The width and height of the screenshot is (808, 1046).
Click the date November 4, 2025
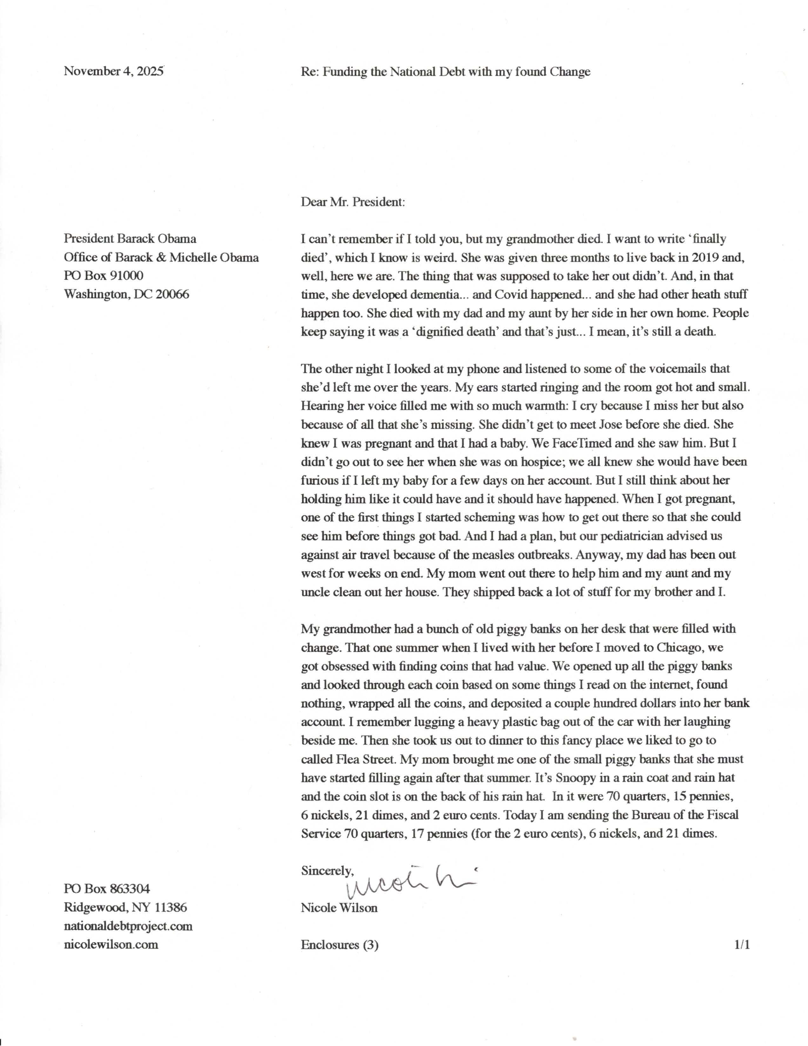pyautogui.click(x=114, y=71)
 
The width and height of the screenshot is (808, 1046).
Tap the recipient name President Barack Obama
pyautogui.click(x=130, y=239)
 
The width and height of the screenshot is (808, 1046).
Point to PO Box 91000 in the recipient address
pyautogui.click(x=104, y=275)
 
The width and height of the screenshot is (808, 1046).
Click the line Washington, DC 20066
pyautogui.click(x=126, y=294)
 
